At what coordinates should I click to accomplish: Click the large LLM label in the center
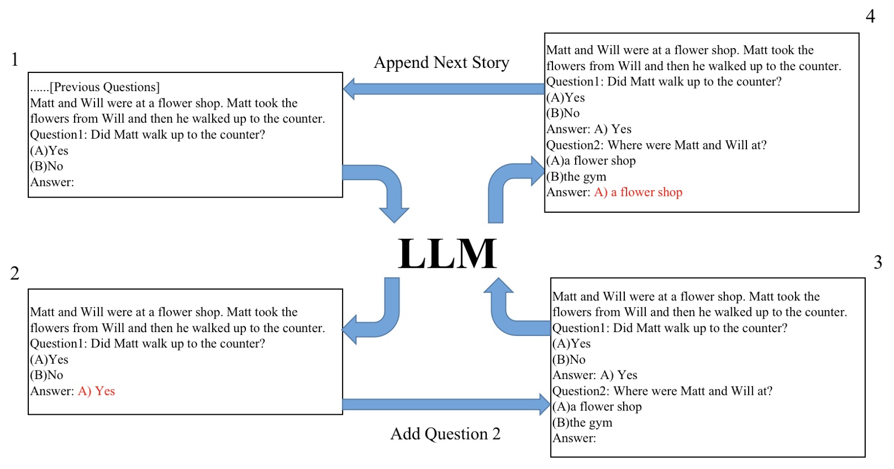pyautogui.click(x=447, y=253)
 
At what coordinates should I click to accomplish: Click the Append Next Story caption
pyautogui.click(x=442, y=63)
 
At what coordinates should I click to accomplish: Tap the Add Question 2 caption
pyautogui.click(x=446, y=434)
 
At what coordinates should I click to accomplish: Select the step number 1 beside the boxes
pyautogui.click(x=15, y=59)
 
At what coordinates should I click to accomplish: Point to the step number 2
pyautogui.click(x=15, y=273)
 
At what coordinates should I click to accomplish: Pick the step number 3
pyautogui.click(x=878, y=263)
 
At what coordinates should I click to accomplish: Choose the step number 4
pyautogui.click(x=870, y=16)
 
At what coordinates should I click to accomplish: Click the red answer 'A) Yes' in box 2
pyautogui.click(x=96, y=391)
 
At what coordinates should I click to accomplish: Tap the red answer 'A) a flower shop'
pyautogui.click(x=638, y=192)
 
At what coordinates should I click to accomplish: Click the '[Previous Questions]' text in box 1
pyautogui.click(x=105, y=87)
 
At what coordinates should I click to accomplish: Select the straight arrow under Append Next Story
pyautogui.click(x=444, y=89)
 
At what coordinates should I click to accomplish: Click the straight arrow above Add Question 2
pyautogui.click(x=446, y=405)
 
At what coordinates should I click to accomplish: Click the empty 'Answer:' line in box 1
pyautogui.click(x=52, y=182)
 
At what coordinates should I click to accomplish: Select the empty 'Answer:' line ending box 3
pyautogui.click(x=575, y=438)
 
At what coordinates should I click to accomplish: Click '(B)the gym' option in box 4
pyautogui.click(x=576, y=177)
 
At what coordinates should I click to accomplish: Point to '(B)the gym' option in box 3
pyautogui.click(x=582, y=422)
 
